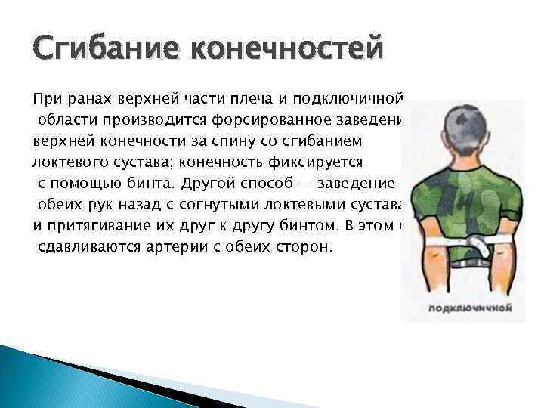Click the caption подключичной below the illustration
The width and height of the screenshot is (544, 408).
coord(471,308)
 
